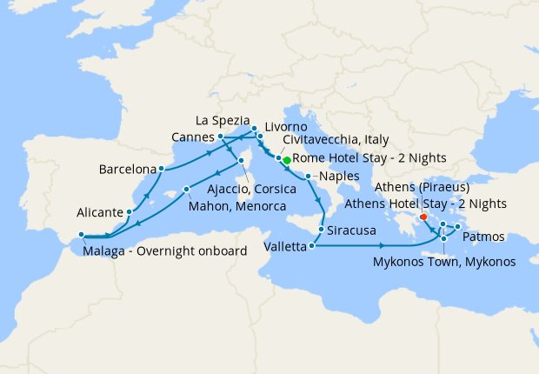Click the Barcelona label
(x=128, y=169)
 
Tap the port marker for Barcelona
(x=162, y=169)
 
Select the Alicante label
(x=98, y=212)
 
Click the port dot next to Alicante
(x=129, y=211)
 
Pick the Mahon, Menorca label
(x=237, y=206)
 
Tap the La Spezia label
(x=223, y=119)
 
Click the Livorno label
(x=285, y=127)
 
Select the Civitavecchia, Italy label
(x=336, y=140)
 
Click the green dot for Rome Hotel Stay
(x=287, y=160)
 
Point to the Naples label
(x=337, y=177)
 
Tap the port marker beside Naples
(x=309, y=177)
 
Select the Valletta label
(x=285, y=247)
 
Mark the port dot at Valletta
(x=309, y=246)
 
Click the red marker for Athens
(x=423, y=217)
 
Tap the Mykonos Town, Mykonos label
(x=444, y=261)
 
